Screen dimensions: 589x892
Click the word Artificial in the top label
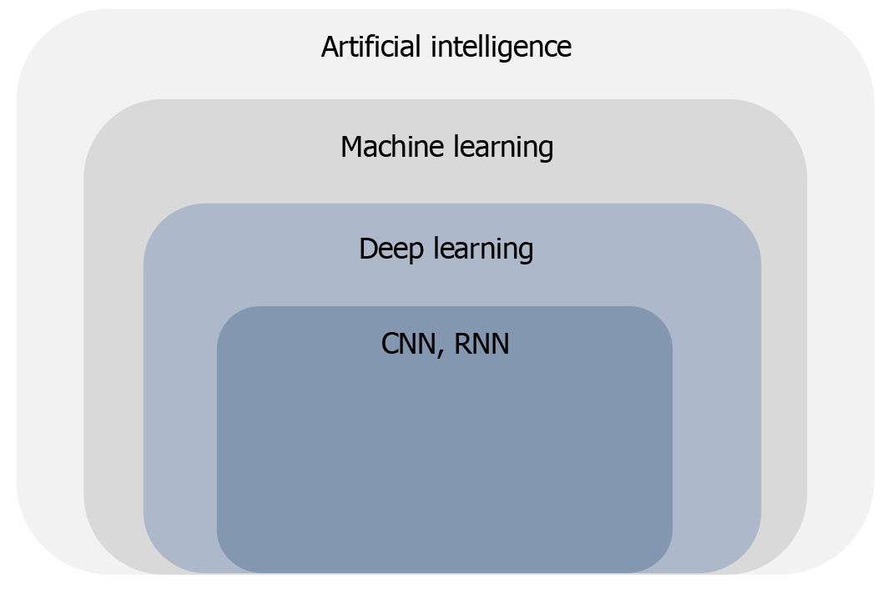(x=373, y=47)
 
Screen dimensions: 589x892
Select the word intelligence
(x=501, y=47)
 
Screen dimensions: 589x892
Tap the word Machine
(x=392, y=147)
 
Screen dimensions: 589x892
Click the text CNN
(x=408, y=344)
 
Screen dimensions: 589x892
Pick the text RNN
(x=481, y=344)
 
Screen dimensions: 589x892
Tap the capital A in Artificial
(x=330, y=47)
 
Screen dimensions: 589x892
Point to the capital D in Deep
(x=368, y=249)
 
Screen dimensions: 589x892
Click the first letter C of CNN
(x=391, y=344)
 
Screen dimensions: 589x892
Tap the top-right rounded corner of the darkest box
(x=661, y=318)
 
